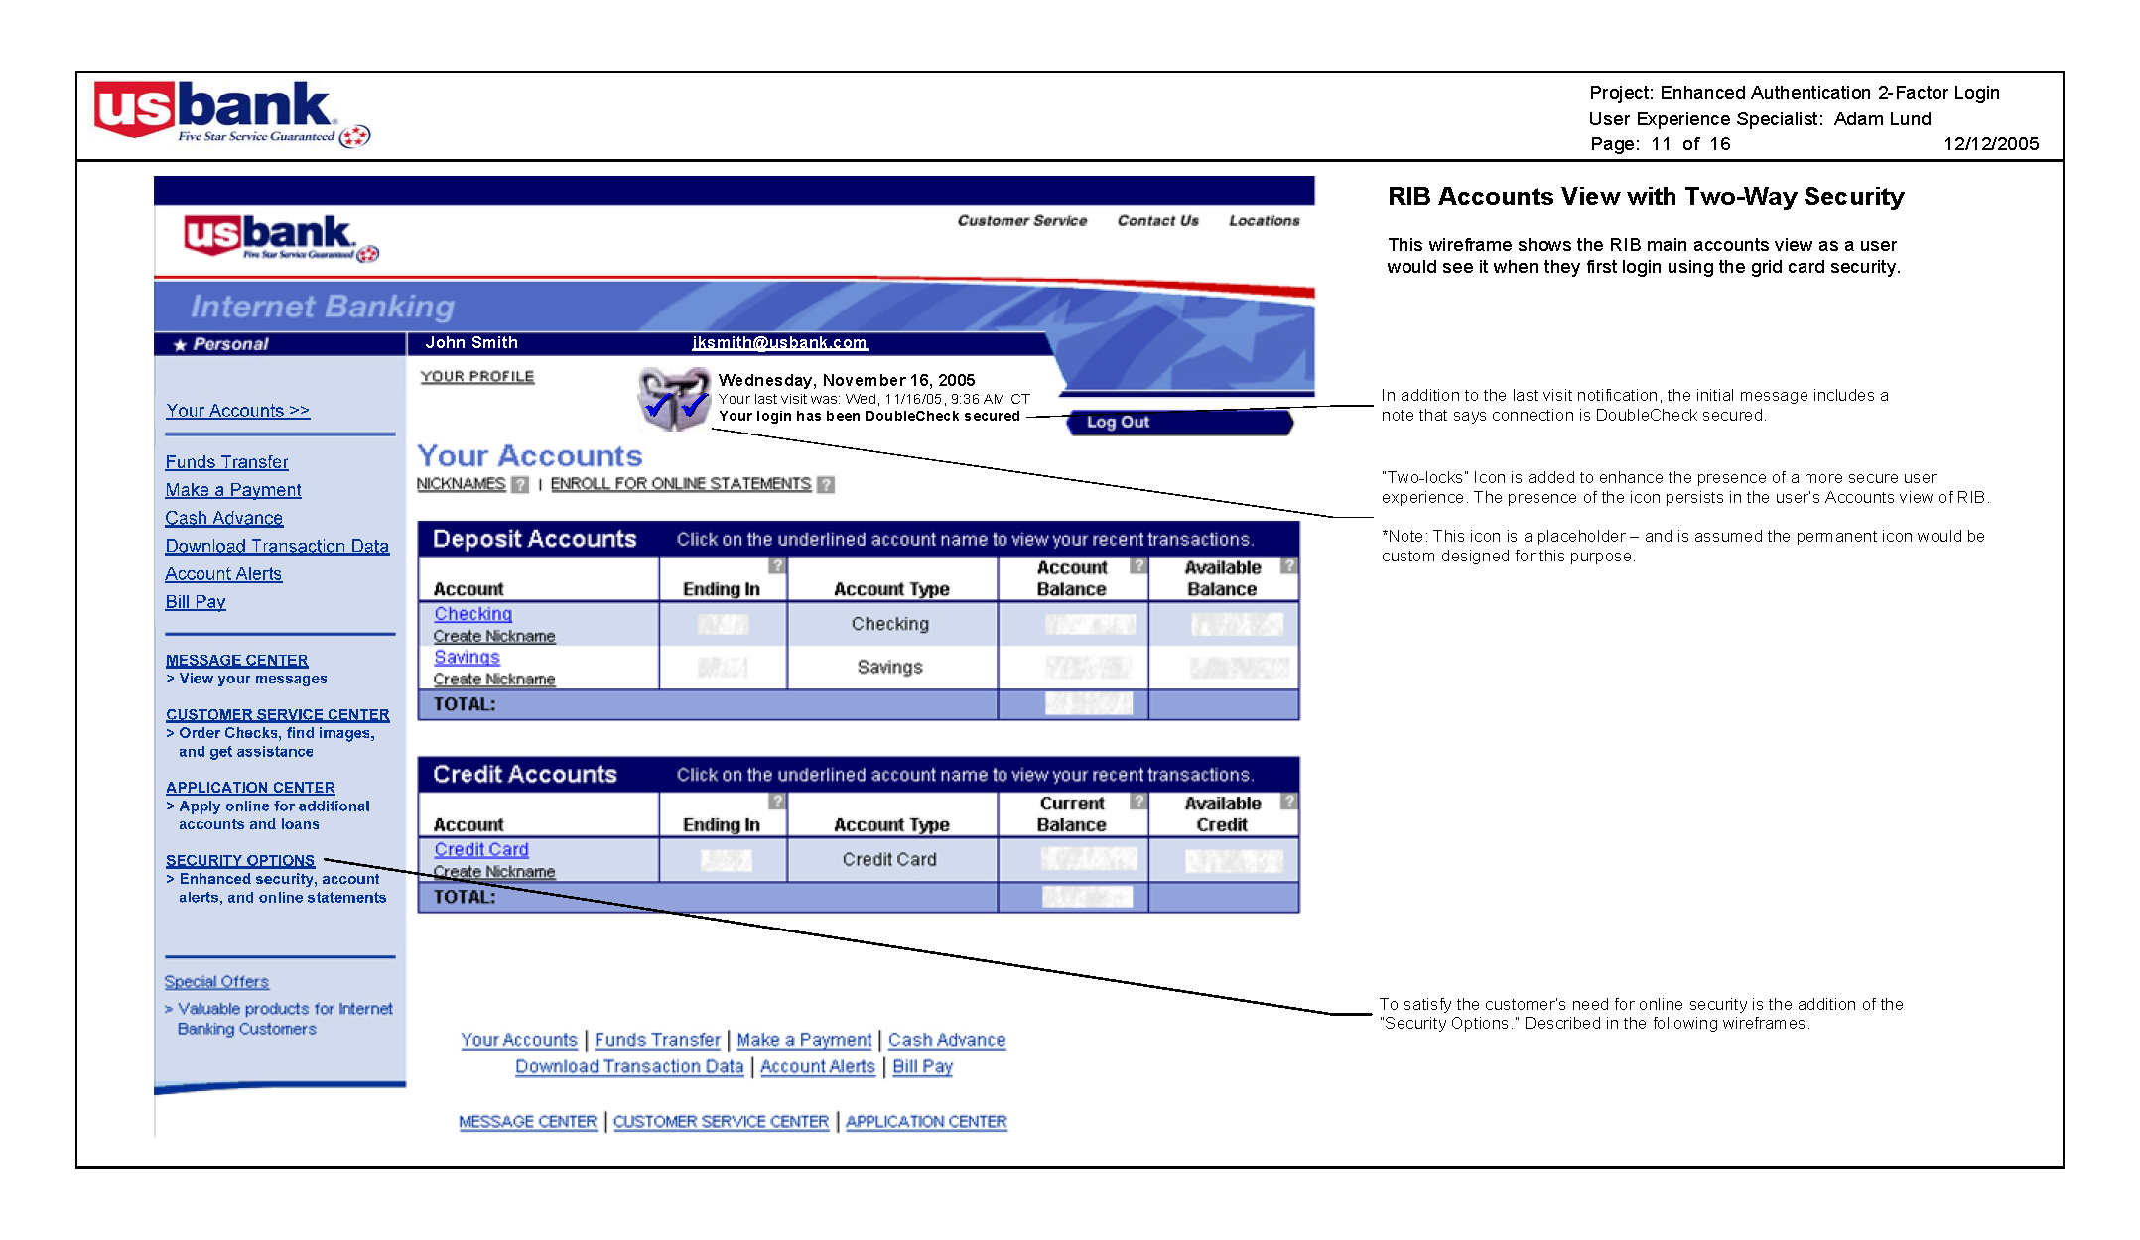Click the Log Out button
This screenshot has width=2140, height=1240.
click(1118, 423)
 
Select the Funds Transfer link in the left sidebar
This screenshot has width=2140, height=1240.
click(226, 462)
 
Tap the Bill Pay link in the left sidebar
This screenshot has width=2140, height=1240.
click(196, 602)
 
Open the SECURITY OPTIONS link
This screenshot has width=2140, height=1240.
click(240, 860)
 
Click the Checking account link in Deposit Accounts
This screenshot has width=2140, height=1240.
click(472, 614)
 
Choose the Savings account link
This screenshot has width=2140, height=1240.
click(467, 657)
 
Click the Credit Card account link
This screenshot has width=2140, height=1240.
click(481, 849)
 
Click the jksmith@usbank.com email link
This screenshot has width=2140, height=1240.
click(779, 343)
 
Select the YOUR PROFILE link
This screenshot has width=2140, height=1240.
click(477, 377)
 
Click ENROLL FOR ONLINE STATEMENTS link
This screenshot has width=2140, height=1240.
click(681, 484)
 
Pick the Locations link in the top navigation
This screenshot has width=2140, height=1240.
click(1264, 221)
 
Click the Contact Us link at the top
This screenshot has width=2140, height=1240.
click(1157, 221)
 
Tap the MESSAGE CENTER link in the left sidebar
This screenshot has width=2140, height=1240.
click(237, 660)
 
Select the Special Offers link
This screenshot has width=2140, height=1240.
click(216, 981)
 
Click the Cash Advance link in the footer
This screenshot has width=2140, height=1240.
click(947, 1040)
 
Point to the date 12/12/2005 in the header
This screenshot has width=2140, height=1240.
click(1991, 144)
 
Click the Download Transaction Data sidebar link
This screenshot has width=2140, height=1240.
click(277, 546)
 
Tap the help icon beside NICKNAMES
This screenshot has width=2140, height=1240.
click(520, 485)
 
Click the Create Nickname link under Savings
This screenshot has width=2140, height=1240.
click(494, 680)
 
